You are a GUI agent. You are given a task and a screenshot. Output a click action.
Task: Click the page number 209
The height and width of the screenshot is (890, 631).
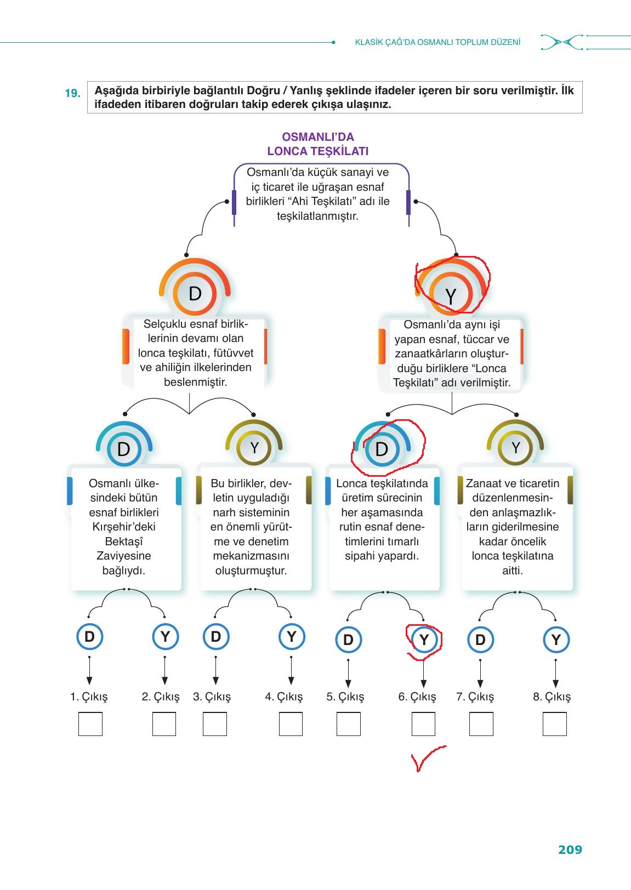tap(570, 849)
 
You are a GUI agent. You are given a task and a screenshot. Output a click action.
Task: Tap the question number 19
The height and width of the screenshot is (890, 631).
tap(72, 93)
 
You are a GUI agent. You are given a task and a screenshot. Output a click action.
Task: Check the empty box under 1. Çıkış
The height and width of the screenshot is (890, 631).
tap(90, 724)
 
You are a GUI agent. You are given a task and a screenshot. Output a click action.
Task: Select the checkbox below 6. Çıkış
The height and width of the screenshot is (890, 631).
tap(423, 724)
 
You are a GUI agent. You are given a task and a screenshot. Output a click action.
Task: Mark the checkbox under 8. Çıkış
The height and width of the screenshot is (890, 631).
tap(554, 724)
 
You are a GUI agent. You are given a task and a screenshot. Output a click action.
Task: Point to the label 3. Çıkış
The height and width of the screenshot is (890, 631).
tap(212, 697)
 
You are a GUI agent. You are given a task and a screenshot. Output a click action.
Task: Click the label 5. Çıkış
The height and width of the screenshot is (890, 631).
tap(345, 697)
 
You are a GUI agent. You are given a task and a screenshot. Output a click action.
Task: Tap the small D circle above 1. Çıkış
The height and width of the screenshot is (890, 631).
tap(89, 637)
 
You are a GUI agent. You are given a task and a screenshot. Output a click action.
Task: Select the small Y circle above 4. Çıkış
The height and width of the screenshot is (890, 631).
tap(292, 637)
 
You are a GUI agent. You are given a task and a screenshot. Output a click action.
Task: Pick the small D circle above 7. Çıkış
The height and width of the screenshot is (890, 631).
tap(480, 640)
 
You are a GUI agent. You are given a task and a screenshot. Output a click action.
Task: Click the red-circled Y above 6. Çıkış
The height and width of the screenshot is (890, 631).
tap(424, 640)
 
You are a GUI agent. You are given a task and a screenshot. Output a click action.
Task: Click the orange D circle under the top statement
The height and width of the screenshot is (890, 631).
tap(195, 294)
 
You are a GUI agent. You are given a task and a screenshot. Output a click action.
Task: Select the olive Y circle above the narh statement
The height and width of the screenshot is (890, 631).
tap(254, 448)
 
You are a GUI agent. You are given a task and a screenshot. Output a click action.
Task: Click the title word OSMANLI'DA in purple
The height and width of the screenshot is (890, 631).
tap(317, 137)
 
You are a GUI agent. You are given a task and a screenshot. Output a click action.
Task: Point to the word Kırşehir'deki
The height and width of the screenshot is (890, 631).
tap(124, 527)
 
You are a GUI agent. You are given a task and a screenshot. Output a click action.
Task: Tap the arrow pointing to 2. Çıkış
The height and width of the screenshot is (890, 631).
tap(164, 671)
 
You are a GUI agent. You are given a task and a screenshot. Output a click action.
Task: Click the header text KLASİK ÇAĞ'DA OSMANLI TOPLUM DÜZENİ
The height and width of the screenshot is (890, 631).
tap(437, 42)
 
